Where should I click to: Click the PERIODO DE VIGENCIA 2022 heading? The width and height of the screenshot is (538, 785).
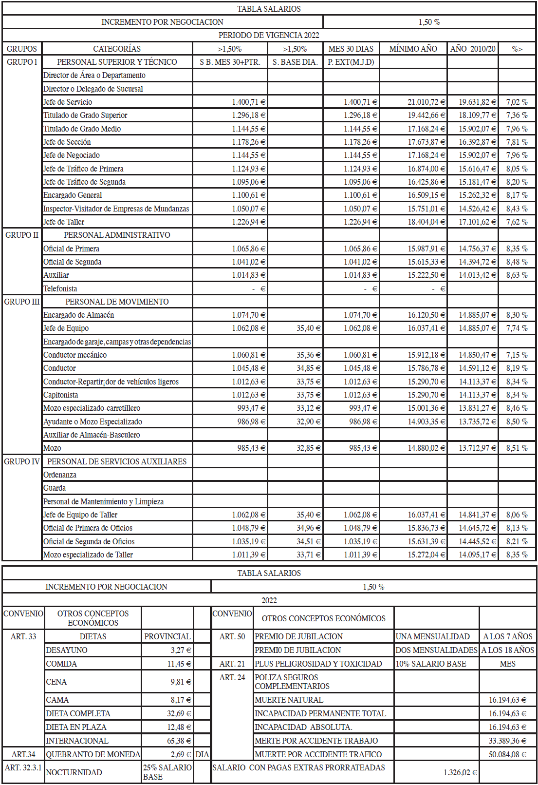[x=269, y=35]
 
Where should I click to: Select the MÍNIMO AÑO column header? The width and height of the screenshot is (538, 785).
[x=413, y=49]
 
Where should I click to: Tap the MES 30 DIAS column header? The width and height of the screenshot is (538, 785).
[x=351, y=49]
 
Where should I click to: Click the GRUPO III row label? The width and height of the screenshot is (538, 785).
[x=22, y=302]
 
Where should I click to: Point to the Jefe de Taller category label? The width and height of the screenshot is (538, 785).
[x=64, y=222]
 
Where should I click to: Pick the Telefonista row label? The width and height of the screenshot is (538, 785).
[x=60, y=288]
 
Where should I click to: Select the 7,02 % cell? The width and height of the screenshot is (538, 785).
[x=517, y=102]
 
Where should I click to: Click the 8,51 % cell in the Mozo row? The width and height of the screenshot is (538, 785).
[x=517, y=448]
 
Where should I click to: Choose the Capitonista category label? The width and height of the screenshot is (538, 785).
[x=61, y=395]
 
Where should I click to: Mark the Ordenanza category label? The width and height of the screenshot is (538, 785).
[x=60, y=475]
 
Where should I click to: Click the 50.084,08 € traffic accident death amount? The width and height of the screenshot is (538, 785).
[x=507, y=754]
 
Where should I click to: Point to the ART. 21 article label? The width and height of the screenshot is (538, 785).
[x=232, y=664]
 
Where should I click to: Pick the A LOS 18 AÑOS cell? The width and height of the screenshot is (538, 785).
[x=508, y=650]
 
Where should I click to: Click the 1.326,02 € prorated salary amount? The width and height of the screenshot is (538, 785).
[x=460, y=772]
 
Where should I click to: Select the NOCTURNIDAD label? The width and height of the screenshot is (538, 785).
[x=74, y=772]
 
